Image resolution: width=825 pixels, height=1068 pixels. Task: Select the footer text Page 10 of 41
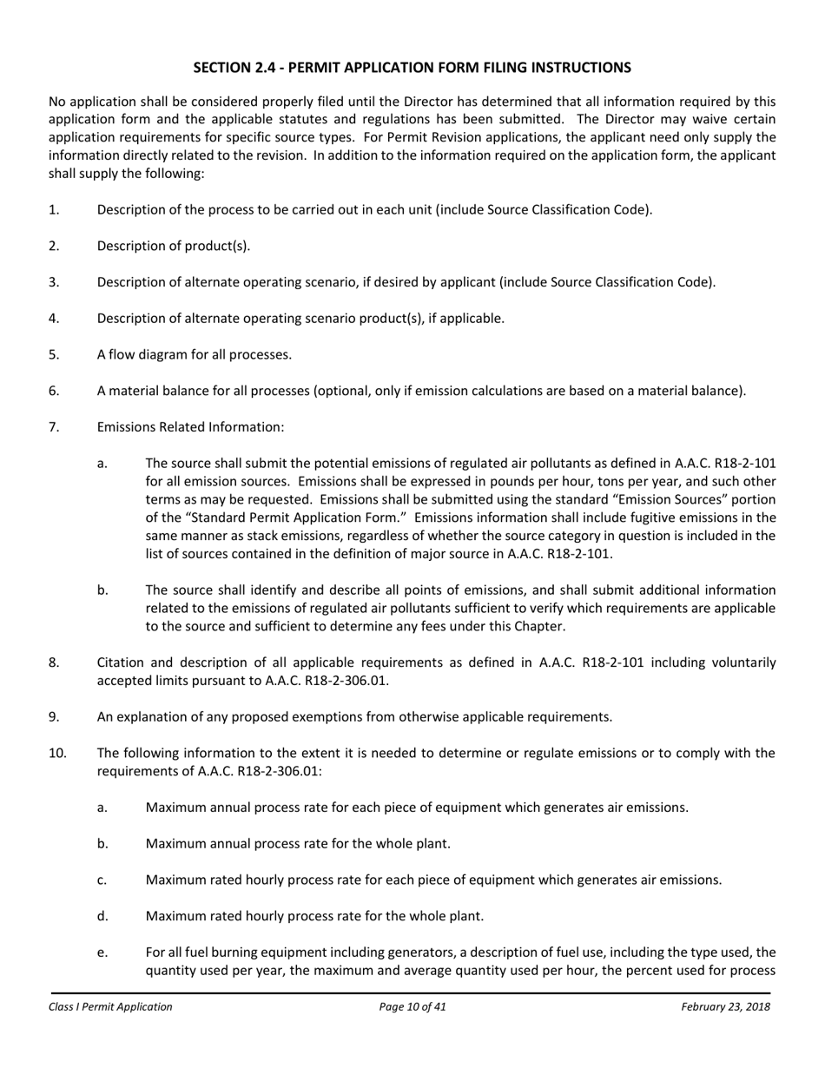(412, 1007)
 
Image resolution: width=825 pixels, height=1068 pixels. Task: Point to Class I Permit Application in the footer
(110, 1007)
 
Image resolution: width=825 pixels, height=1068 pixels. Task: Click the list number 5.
(54, 354)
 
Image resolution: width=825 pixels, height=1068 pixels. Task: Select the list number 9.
(54, 716)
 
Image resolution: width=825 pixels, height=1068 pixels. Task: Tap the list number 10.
(57, 753)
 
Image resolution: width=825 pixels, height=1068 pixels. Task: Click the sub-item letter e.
(102, 953)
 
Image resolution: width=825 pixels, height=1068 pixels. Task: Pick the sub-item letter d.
(102, 916)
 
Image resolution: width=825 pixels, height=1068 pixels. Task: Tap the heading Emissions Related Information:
(190, 427)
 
